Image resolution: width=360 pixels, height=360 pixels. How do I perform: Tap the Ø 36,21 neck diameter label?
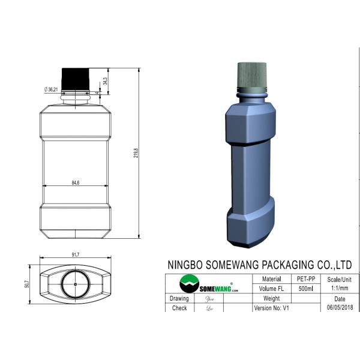(51, 89)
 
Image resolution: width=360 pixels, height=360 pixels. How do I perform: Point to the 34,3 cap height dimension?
(105, 79)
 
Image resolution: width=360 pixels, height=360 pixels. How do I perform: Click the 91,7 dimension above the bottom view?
(76, 256)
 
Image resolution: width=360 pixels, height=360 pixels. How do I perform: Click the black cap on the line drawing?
(75, 77)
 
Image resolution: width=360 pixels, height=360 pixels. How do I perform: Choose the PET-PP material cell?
(306, 279)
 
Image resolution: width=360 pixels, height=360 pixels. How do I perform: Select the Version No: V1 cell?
(271, 308)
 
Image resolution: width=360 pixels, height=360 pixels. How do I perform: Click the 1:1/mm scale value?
(340, 289)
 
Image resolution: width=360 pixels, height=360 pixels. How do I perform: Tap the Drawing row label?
(179, 298)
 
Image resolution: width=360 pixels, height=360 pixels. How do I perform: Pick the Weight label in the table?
(271, 298)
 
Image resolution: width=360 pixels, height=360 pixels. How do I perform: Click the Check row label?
(179, 308)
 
